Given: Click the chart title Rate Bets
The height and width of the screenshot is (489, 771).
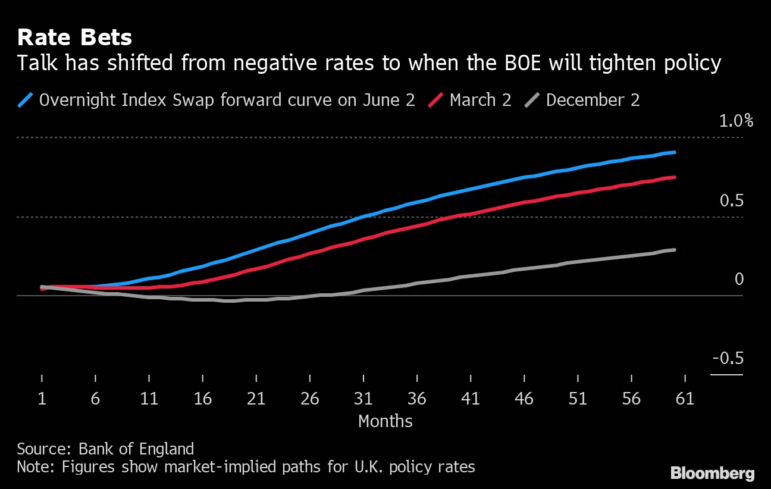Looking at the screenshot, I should point(74,38).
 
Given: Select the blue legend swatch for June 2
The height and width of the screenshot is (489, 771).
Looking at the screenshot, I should point(26,99).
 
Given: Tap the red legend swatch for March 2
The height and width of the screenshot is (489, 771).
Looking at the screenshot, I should point(437,99).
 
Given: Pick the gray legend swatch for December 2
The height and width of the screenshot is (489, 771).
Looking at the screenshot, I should point(532,99).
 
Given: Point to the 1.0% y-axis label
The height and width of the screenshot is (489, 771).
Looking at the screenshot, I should point(736,121).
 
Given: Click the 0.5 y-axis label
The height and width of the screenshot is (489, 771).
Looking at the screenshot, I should point(732,201).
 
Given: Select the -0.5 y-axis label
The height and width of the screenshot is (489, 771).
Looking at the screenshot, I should point(728,359).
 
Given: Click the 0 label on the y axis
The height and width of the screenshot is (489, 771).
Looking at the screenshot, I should point(739,279).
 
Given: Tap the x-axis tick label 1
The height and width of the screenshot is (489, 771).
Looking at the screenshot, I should point(42,399).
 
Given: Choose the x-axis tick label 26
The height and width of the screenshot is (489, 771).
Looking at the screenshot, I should point(310,399).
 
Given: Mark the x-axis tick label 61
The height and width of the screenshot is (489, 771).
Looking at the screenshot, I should point(685,399).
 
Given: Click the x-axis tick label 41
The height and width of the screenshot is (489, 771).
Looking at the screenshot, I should point(471,399).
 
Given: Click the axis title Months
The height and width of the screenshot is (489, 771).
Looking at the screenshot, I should point(385,421).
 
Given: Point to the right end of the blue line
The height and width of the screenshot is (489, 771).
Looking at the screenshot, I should point(675,152).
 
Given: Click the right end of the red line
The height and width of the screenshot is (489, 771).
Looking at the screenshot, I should point(675,177).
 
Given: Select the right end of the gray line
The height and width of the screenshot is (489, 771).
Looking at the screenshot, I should point(675,250).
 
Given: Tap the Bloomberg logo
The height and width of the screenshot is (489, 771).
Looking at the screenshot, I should point(712,474).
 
